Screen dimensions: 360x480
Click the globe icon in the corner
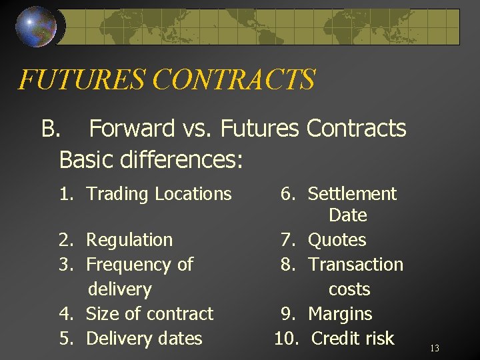[x=37, y=27]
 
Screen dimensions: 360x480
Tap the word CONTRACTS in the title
[x=233, y=80]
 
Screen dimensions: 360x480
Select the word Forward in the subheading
[x=131, y=128]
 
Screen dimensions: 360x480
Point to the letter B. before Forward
[x=51, y=128]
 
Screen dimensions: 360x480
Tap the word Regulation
[x=129, y=240]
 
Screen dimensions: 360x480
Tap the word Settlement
[x=352, y=194]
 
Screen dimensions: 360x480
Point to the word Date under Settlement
[x=348, y=215]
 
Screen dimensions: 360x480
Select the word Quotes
[x=337, y=240]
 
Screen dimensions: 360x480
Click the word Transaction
[x=356, y=265]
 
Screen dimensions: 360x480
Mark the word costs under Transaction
[x=349, y=289]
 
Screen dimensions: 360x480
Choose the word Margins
[x=340, y=313]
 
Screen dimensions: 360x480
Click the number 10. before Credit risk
[x=287, y=338]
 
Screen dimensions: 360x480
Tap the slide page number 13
[x=435, y=348]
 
